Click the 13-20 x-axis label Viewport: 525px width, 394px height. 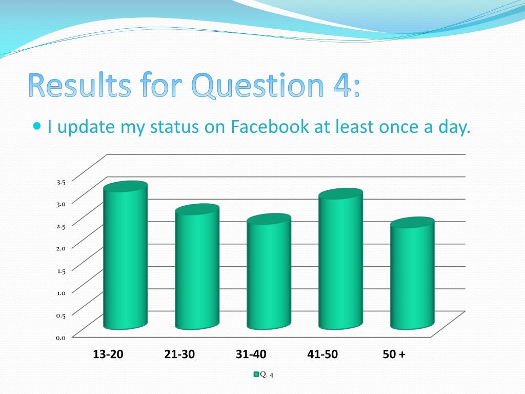(x=108, y=354)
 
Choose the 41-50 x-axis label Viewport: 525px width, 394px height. (x=322, y=354)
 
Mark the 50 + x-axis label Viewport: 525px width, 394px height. (x=394, y=354)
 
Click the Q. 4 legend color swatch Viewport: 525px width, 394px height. (x=256, y=375)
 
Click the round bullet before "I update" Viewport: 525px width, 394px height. (x=37, y=126)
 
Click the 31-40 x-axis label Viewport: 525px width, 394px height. (x=251, y=354)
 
